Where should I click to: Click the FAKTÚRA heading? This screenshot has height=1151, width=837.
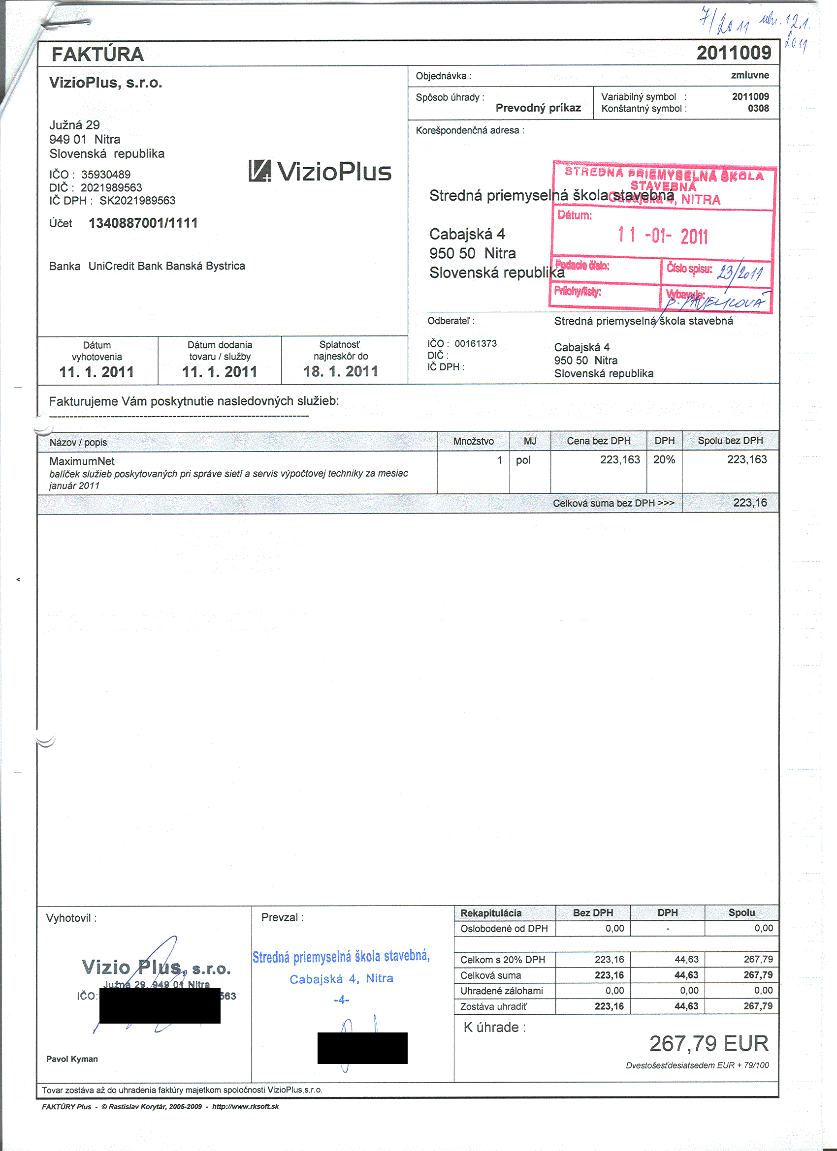[97, 54]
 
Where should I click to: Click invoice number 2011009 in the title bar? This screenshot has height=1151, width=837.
[734, 53]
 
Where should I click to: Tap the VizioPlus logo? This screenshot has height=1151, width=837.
[320, 172]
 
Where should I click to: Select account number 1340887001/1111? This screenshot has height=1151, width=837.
[143, 223]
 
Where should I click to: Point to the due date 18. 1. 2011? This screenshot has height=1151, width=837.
[340, 371]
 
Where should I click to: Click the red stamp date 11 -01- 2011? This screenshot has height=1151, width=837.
[662, 236]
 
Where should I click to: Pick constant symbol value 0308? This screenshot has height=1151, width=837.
[758, 108]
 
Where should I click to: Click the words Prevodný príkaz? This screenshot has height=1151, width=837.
[538, 108]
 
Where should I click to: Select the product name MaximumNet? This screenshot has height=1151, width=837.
[82, 461]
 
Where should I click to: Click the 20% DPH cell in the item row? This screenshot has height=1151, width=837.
[664, 460]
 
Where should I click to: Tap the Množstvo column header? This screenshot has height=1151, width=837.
[473, 441]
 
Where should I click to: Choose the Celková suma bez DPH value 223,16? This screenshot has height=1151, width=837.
[750, 503]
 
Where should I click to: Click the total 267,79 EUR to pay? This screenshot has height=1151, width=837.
[708, 1043]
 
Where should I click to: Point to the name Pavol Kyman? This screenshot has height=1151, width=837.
[72, 1059]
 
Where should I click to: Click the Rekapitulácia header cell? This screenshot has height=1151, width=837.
[490, 913]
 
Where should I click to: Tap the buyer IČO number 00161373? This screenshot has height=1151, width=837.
[476, 343]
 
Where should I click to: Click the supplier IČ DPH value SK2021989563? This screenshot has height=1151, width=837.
[137, 201]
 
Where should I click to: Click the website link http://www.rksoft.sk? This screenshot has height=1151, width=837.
[245, 1106]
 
